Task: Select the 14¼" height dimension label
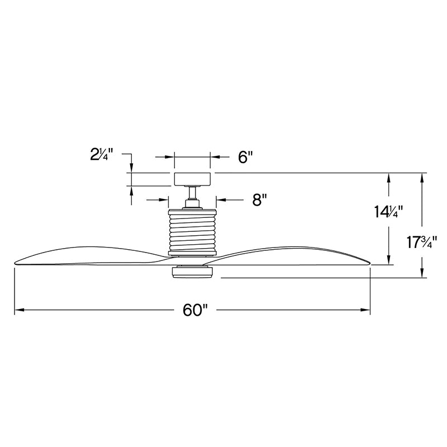pos(388,212)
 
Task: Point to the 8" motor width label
pos(259,200)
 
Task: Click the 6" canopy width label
pos(246,157)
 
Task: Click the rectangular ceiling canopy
pos(192,179)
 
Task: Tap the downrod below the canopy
pos(192,193)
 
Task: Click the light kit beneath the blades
pos(192,272)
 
